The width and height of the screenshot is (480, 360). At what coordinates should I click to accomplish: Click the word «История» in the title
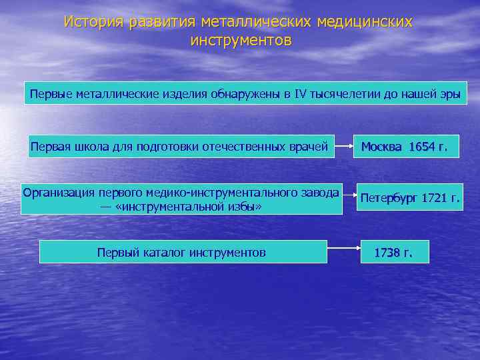tap(93, 23)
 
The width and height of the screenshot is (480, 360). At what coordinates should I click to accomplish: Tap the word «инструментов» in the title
tap(241, 41)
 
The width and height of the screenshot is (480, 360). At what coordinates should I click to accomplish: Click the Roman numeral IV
tap(299, 94)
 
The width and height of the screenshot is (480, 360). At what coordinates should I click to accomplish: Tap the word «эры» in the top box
tap(450, 94)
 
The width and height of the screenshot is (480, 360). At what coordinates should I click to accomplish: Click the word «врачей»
tap(310, 147)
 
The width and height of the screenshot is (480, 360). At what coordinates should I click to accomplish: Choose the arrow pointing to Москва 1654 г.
tap(344, 147)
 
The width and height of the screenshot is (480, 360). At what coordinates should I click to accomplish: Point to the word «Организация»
tap(59, 193)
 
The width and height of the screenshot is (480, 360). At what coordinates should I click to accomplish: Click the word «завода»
tap(318, 193)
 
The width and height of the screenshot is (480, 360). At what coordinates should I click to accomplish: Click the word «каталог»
tap(161, 253)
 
